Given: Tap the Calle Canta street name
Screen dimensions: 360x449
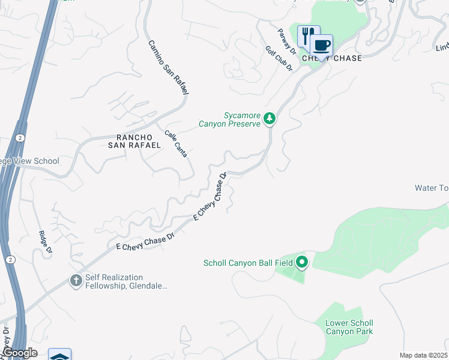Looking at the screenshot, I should pyautogui.click(x=176, y=143).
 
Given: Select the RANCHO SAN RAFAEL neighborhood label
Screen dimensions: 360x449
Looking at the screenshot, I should pyautogui.click(x=134, y=140).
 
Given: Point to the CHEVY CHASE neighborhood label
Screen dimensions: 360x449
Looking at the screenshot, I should pyautogui.click(x=332, y=58).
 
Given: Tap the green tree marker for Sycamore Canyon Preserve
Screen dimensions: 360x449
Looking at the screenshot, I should pyautogui.click(x=270, y=118).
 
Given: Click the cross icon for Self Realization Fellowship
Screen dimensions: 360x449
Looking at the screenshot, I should pyautogui.click(x=76, y=280).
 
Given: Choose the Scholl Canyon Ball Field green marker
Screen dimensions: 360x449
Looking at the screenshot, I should pyautogui.click(x=302, y=262).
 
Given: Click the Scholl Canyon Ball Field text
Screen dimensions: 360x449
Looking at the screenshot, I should pyautogui.click(x=248, y=263).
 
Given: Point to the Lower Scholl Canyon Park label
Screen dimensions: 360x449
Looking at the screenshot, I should pyautogui.click(x=349, y=327).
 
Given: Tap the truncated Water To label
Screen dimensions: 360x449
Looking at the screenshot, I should pyautogui.click(x=431, y=188).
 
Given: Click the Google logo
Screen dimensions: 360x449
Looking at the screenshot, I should pyautogui.click(x=19, y=353).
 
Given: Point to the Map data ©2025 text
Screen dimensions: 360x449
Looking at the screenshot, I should pyautogui.click(x=423, y=355).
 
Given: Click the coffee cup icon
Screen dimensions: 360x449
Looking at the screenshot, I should pyautogui.click(x=322, y=45).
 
